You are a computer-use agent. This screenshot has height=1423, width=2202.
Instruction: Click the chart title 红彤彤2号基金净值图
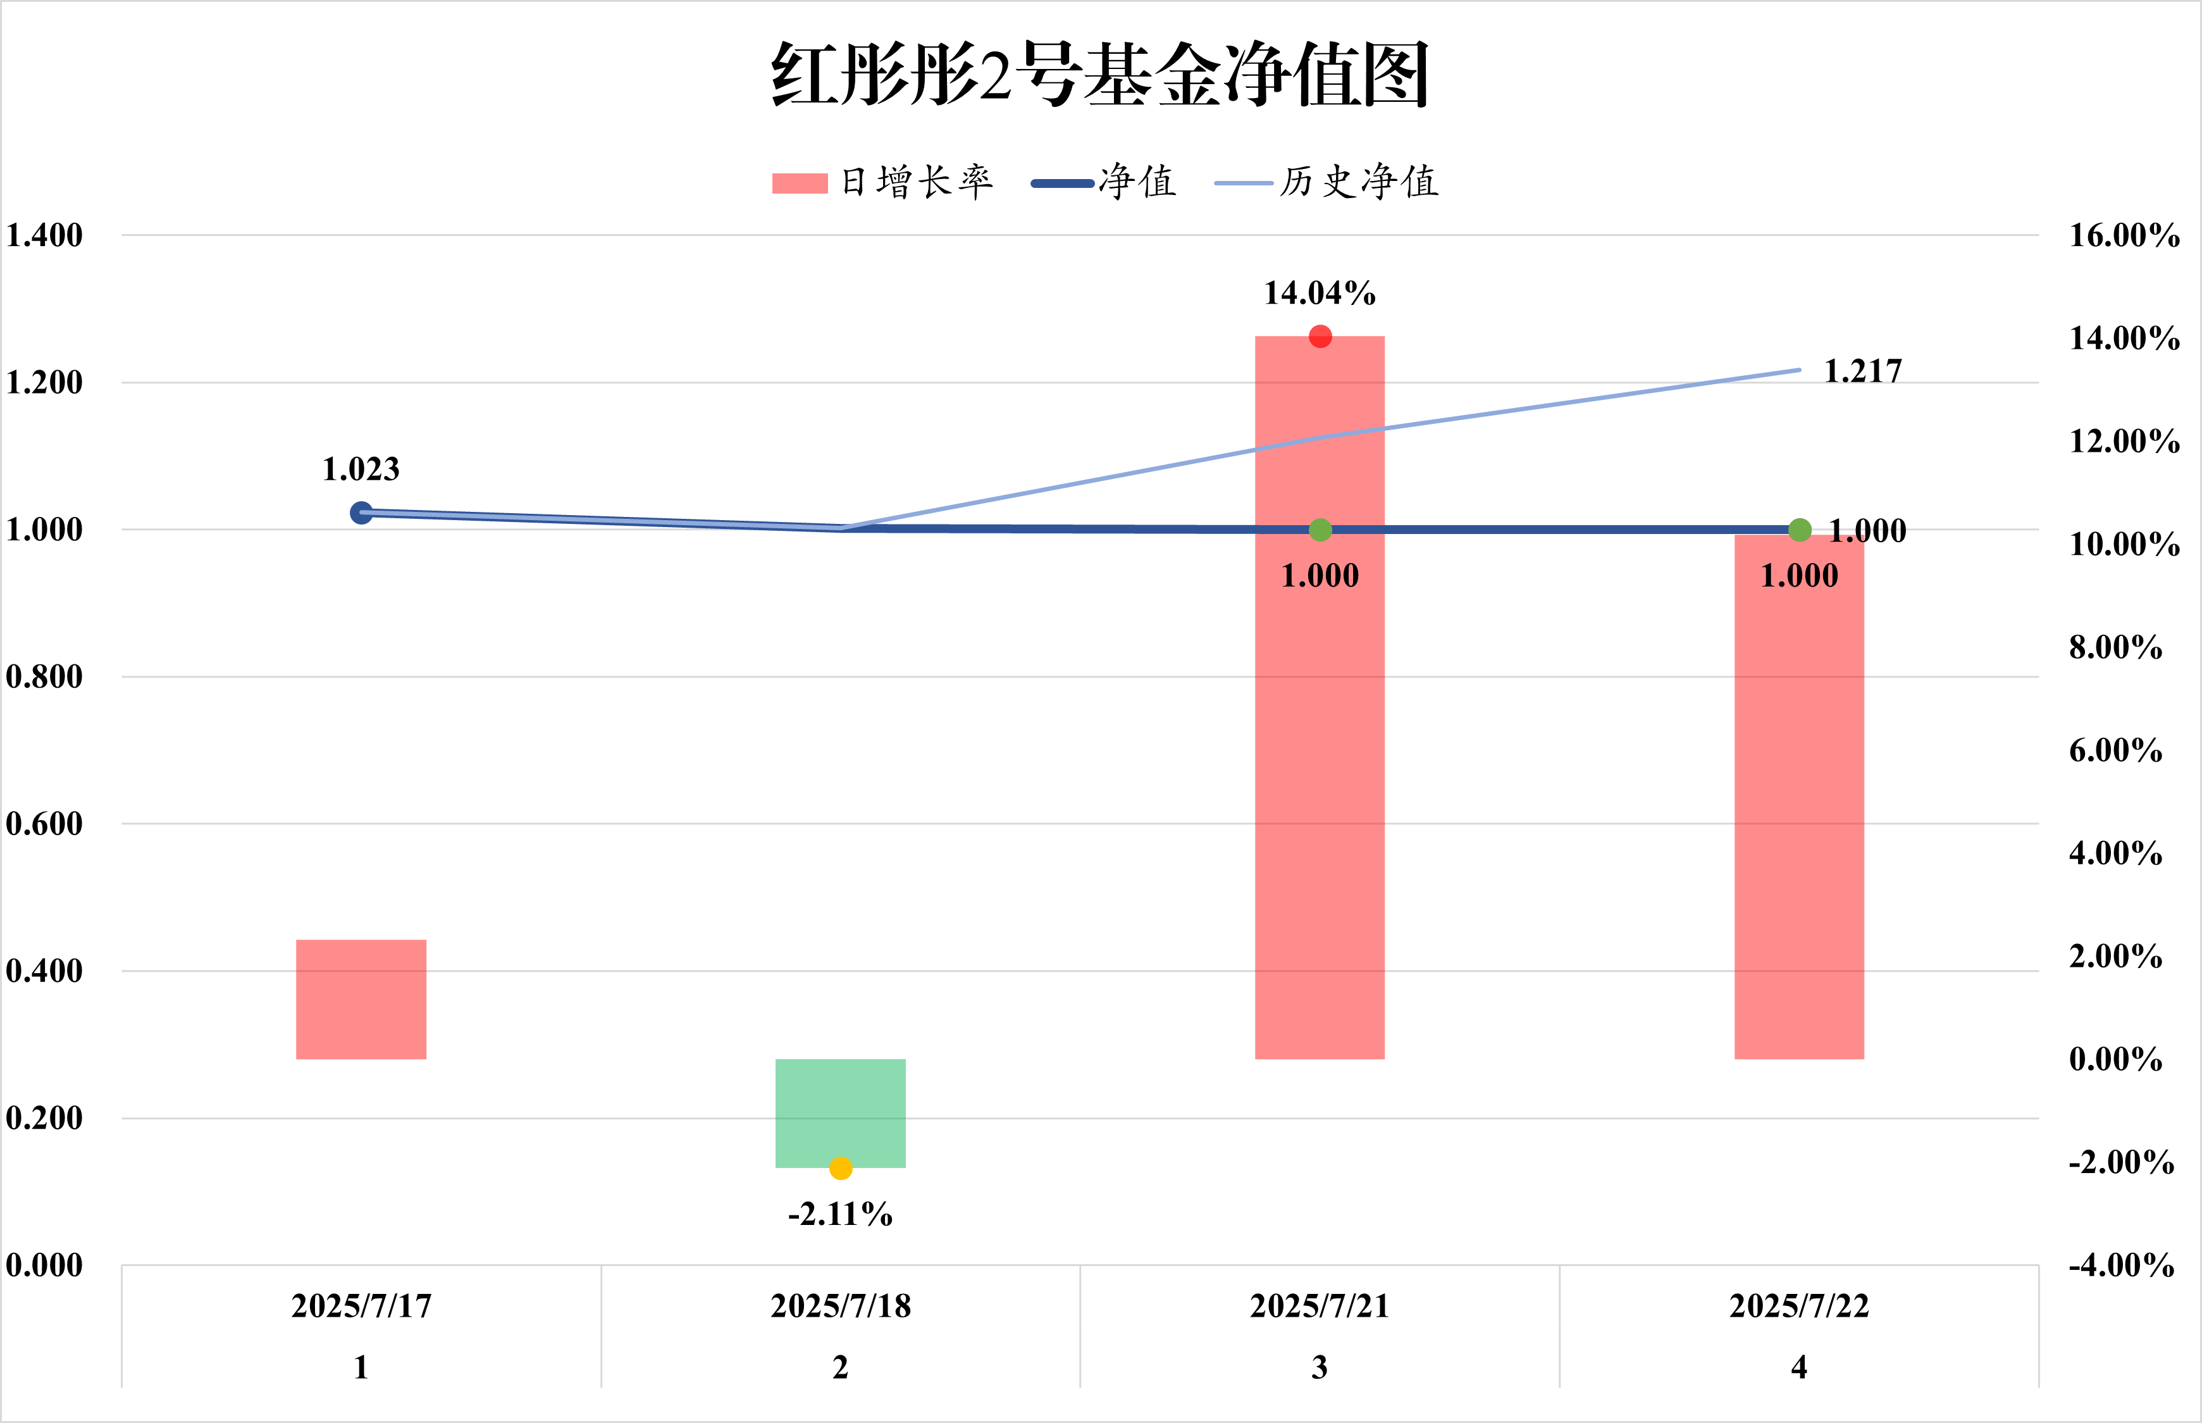click(x=1100, y=74)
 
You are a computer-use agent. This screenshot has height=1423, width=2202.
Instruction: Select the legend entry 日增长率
click(x=882, y=182)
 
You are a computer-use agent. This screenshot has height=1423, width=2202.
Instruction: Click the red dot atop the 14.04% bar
click(x=1320, y=337)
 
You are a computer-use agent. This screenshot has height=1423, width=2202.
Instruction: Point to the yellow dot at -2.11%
click(x=841, y=1169)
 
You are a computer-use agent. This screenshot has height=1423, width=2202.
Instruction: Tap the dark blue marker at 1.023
click(x=361, y=513)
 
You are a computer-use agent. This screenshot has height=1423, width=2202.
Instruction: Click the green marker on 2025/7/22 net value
click(x=1799, y=530)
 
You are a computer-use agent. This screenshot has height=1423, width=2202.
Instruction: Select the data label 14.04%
click(x=1320, y=294)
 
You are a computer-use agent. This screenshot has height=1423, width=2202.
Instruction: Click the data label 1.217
click(x=1863, y=371)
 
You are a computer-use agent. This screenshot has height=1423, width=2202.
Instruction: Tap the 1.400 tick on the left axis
click(x=44, y=235)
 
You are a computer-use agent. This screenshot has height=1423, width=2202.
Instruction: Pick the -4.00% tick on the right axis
click(x=2122, y=1265)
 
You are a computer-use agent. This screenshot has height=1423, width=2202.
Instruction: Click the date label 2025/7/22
click(x=1799, y=1306)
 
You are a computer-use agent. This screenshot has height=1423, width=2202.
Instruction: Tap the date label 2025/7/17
click(x=361, y=1306)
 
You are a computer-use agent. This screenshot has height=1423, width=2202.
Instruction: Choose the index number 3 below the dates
click(x=1320, y=1367)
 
